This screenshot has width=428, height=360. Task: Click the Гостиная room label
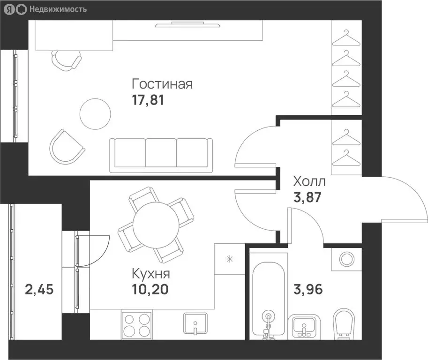coord(162,84)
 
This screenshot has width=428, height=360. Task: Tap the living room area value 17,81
coord(148,100)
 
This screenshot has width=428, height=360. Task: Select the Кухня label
coord(151,273)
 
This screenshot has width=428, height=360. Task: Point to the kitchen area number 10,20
coord(150,289)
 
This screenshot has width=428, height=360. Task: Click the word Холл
coord(309,181)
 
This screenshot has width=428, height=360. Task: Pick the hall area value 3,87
coord(308,197)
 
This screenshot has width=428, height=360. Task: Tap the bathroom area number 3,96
coord(308,289)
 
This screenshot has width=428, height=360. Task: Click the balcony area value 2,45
coord(39,289)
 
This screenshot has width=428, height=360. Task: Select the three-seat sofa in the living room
coord(161,156)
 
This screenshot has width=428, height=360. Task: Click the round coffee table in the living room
coord(95,114)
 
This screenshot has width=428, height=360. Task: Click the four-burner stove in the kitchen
coord(137,324)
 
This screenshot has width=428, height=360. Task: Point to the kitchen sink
coord(195,324)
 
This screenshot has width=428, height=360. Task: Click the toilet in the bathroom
coord(344,324)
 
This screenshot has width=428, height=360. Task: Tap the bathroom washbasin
coord(304,326)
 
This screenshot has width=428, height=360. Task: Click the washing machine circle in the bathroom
coord(346,259)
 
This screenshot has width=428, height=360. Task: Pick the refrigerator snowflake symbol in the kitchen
coord(230,259)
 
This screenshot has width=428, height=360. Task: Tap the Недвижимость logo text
coord(58,9)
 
